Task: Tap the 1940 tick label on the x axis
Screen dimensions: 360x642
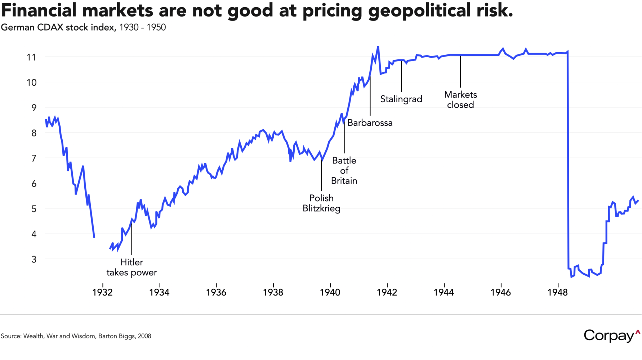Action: pyautogui.click(x=330, y=292)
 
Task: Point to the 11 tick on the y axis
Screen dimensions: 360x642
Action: pyautogui.click(x=31, y=57)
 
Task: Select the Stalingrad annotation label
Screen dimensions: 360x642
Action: pyautogui.click(x=401, y=99)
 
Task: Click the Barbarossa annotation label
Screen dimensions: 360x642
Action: pyautogui.click(x=370, y=123)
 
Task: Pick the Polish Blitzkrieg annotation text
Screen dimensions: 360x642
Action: pyautogui.click(x=321, y=203)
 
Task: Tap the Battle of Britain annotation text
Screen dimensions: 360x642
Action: pyautogui.click(x=344, y=171)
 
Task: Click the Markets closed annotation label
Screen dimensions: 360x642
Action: pyautogui.click(x=460, y=100)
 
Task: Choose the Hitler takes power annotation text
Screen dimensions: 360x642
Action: pyautogui.click(x=131, y=267)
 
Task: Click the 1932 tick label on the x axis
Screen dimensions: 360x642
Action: pyautogui.click(x=102, y=292)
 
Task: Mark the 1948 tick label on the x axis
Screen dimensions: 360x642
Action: pyautogui.click(x=557, y=292)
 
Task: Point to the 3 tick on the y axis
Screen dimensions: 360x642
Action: pyautogui.click(x=34, y=259)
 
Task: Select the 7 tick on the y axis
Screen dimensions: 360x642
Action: pyautogui.click(x=34, y=158)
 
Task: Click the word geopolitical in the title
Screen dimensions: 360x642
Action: pyautogui.click(x=419, y=10)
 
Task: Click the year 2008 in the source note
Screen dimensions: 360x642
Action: pyautogui.click(x=144, y=336)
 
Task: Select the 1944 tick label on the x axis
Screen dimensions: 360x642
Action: pyautogui.click(x=443, y=292)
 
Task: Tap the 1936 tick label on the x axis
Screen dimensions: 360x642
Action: pyautogui.click(x=216, y=292)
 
